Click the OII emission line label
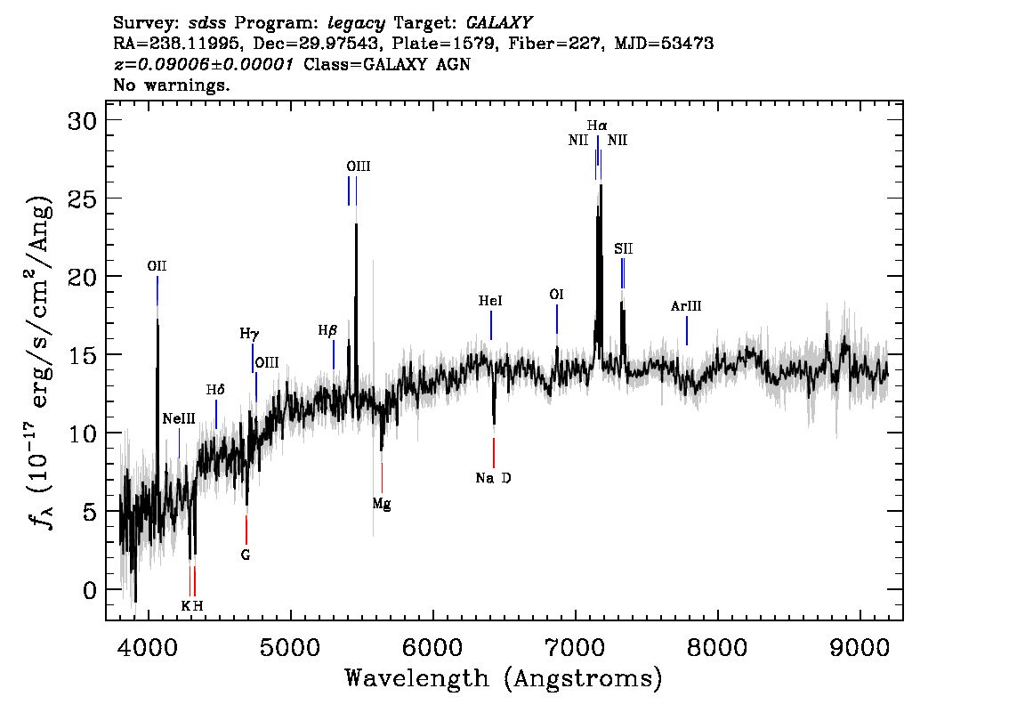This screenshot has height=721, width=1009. click(157, 266)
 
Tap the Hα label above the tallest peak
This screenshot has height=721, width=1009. click(597, 126)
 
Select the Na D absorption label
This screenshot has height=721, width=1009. click(494, 478)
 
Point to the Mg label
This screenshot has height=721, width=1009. click(382, 504)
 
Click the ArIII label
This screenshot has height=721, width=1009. click(686, 306)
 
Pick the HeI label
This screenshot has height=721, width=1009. click(490, 301)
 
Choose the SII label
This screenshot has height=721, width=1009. click(623, 248)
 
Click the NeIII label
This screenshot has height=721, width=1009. click(179, 419)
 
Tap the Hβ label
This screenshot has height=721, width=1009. click(327, 331)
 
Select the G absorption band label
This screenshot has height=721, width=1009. click(246, 555)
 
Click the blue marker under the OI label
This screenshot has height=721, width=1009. click(557, 319)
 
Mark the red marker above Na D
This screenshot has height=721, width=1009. click(494, 452)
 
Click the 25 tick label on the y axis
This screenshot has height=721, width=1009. click(83, 198)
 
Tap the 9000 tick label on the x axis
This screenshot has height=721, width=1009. click(860, 648)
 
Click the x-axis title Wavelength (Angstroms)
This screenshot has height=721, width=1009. click(504, 678)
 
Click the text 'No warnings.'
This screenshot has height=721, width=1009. click(171, 85)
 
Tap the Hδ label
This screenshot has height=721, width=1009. click(215, 390)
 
